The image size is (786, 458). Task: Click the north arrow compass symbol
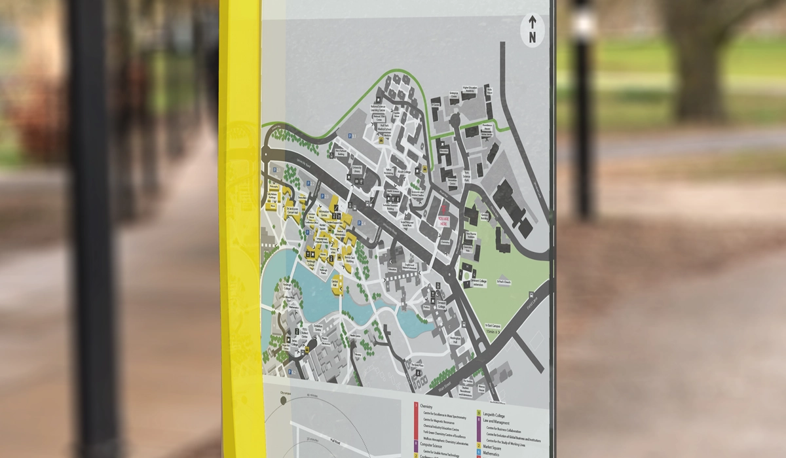pyautogui.click(x=532, y=31)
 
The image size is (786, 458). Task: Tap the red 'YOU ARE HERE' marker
pyautogui.click(x=445, y=220)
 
